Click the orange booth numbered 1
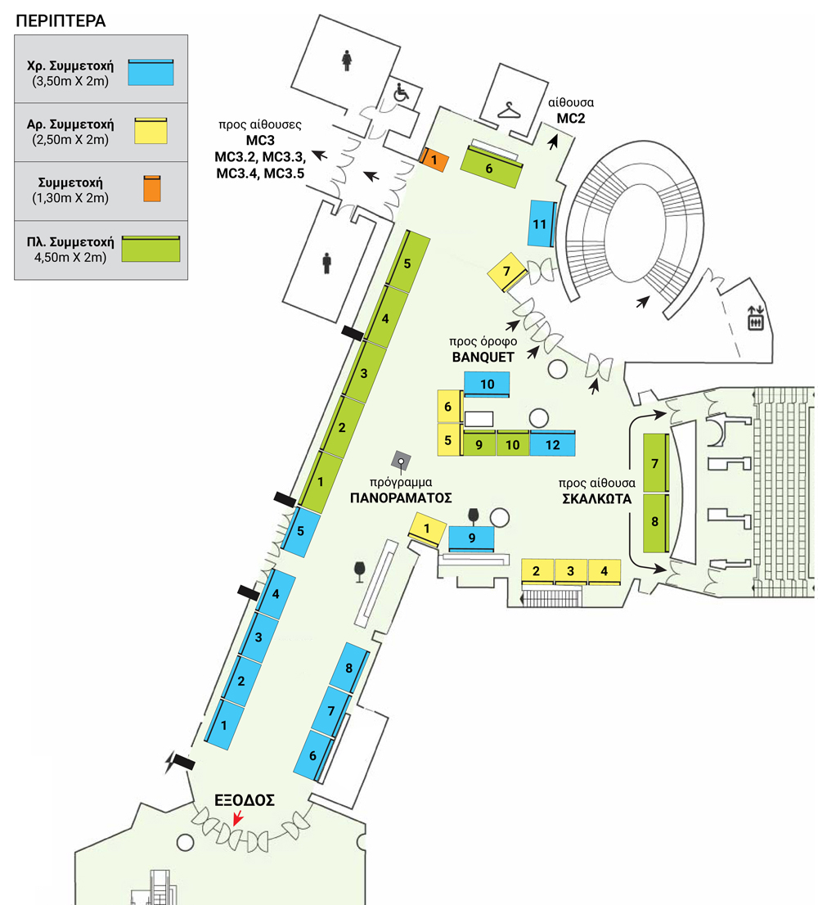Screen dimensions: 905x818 point(434,160)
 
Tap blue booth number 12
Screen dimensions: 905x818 point(553,444)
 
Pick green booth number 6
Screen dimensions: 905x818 point(491,168)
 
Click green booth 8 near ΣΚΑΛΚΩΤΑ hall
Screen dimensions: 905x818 point(655,522)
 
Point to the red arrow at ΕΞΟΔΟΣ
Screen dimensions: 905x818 point(237,817)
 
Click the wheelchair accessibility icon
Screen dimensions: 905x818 point(401,93)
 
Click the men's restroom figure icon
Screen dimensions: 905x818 point(327,262)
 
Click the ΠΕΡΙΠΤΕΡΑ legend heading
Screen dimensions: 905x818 point(61,20)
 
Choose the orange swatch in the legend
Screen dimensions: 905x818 point(151,188)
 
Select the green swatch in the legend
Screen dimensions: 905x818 point(151,248)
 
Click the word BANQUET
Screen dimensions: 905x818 point(482,356)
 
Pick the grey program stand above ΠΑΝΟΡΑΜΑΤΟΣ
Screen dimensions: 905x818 point(401,461)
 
